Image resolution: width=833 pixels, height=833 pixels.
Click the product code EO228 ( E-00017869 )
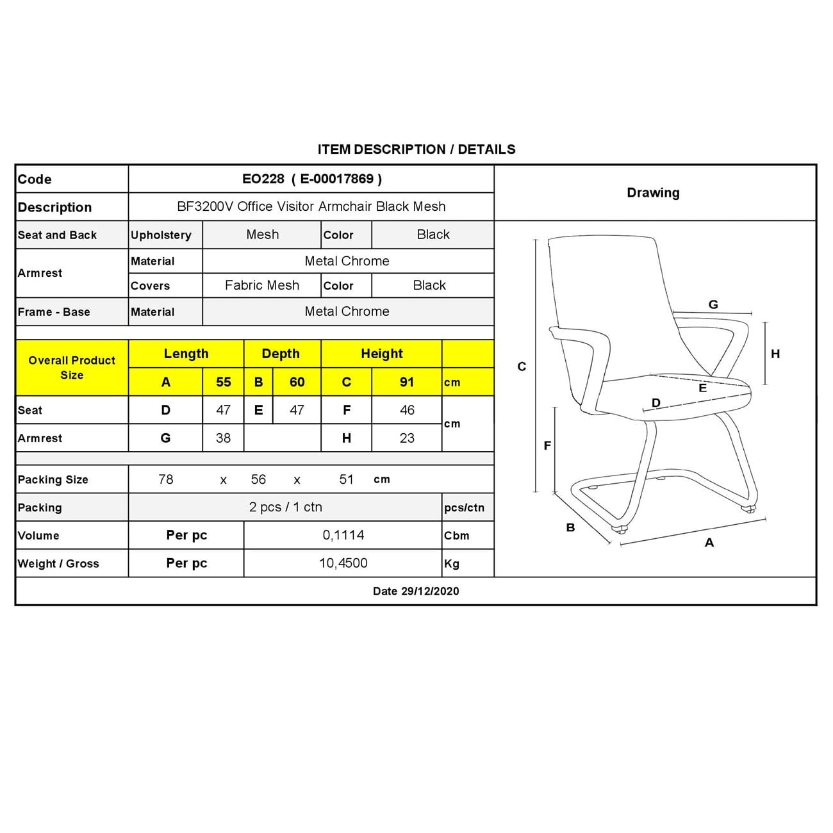click(311, 179)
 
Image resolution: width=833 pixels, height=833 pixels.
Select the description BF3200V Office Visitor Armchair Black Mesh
click(311, 207)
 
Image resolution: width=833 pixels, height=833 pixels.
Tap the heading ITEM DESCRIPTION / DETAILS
click(416, 149)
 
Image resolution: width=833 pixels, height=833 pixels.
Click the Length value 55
click(223, 383)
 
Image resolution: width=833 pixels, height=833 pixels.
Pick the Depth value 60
click(297, 383)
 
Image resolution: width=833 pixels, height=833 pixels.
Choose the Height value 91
click(407, 383)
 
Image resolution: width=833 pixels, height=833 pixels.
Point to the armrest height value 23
click(407, 438)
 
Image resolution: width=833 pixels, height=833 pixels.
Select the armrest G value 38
click(223, 438)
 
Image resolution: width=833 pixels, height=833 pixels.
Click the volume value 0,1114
click(343, 535)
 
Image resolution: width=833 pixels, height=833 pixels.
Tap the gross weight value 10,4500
click(343, 563)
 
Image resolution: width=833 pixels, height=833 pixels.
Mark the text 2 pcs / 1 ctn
click(285, 507)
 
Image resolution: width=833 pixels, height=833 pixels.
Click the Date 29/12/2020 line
click(416, 591)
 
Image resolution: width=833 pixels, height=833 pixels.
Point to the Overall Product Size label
click(72, 368)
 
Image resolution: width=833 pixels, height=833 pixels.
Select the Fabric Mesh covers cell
click(262, 286)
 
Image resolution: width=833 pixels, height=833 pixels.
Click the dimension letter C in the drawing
click(522, 367)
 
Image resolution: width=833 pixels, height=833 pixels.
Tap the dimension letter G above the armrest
click(713, 305)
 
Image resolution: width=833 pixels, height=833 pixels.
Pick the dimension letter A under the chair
click(709, 543)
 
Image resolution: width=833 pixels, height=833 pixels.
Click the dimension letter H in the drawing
click(775, 354)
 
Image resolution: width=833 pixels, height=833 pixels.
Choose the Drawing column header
click(653, 193)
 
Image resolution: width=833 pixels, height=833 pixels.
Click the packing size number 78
click(166, 479)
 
